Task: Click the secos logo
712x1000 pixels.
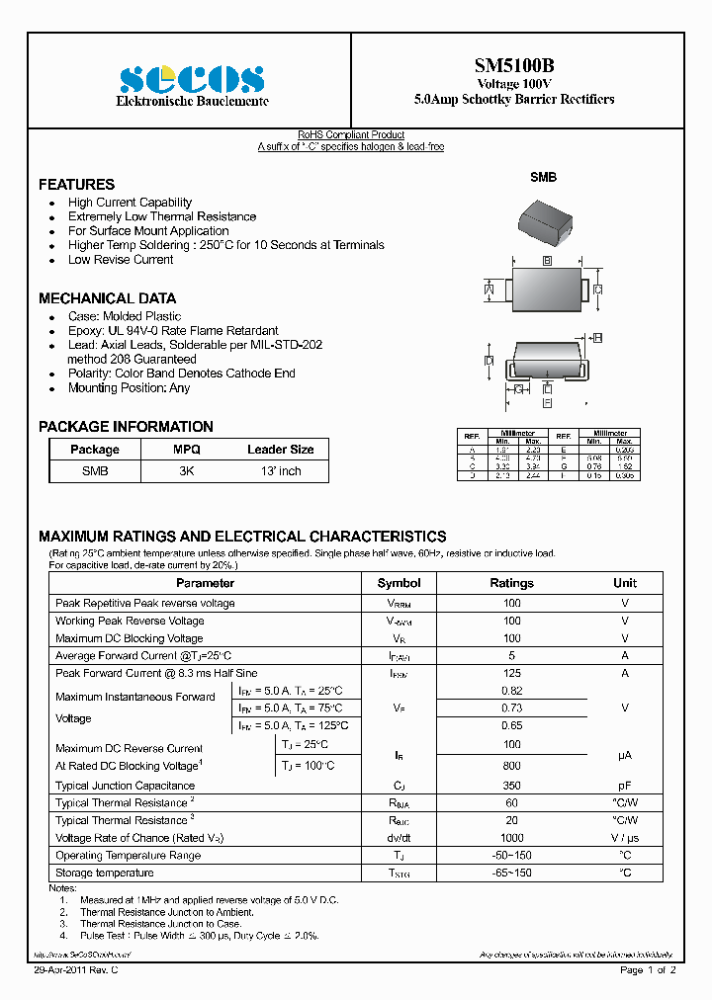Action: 192,78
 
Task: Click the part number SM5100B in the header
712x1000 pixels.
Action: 513,66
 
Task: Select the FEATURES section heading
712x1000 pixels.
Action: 76,185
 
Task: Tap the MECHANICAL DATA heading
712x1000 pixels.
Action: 107,298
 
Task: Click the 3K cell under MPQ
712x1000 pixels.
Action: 186,471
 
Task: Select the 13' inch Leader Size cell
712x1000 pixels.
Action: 280,471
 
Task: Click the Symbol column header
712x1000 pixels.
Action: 399,583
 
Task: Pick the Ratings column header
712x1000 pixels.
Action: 511,583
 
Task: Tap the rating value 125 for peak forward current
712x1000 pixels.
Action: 511,673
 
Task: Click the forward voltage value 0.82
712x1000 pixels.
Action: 511,691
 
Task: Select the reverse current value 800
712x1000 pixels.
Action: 511,765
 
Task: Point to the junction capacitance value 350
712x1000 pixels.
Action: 511,786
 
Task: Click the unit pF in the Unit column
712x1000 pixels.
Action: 625,786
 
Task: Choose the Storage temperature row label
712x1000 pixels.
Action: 105,873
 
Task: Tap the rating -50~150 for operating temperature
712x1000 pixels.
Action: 511,855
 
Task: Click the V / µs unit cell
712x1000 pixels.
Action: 625,838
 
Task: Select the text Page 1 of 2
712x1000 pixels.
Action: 647,970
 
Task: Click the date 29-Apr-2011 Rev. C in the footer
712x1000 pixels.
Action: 77,970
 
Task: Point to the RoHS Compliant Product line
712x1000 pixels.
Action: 351,135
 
